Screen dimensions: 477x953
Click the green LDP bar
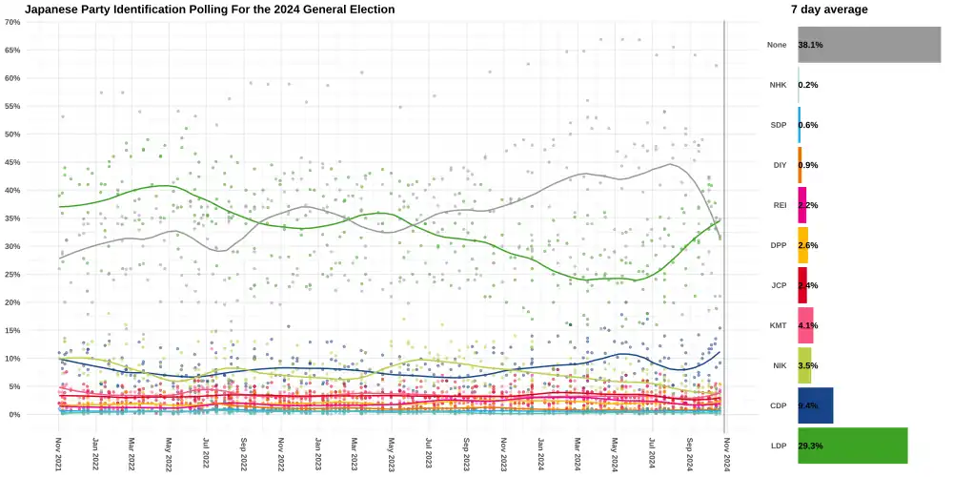[853, 446]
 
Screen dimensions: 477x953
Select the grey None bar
[869, 45]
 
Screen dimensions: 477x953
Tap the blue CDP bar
[816, 405]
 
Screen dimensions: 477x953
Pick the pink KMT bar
[805, 325]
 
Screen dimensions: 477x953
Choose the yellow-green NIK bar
[804, 365]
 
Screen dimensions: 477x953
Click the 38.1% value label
[810, 45]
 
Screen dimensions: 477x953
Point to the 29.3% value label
[810, 446]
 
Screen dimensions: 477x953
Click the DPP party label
[778, 245]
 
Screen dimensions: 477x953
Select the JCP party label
[778, 285]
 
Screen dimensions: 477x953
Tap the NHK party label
[778, 85]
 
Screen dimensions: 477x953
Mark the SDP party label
[778, 125]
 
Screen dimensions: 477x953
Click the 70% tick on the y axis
[12, 22]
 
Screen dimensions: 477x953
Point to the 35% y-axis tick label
[12, 218]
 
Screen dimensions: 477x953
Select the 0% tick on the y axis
[14, 415]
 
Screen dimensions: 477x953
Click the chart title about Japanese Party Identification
[210, 10]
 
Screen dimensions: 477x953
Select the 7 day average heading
[829, 10]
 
